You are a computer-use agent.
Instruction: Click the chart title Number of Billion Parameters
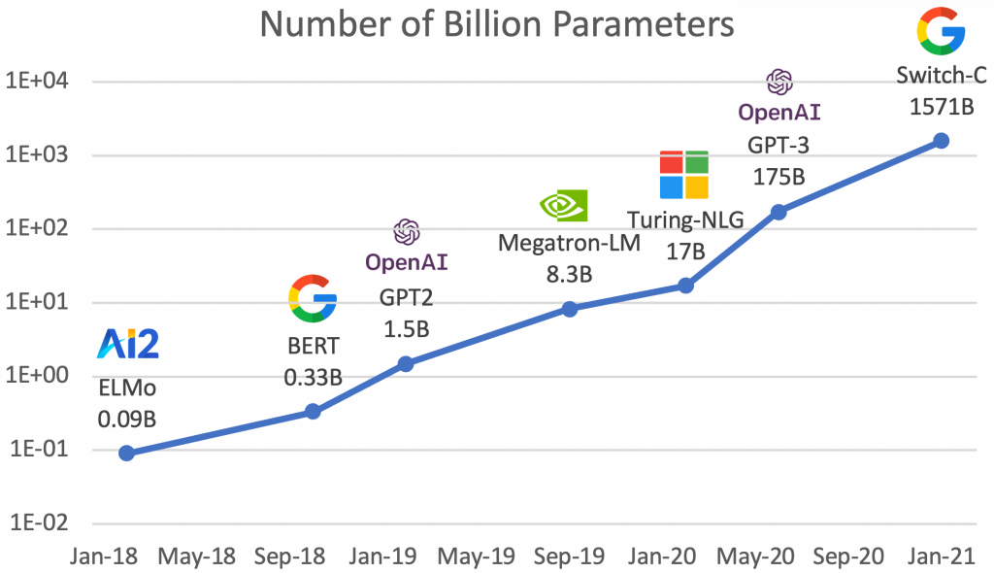[x=496, y=25]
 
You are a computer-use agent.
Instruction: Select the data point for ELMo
[x=126, y=454]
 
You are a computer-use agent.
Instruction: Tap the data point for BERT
[x=314, y=411]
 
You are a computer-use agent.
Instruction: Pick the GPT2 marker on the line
[x=406, y=364]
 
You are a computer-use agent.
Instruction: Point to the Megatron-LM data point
[x=570, y=309]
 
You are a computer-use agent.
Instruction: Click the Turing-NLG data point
[x=685, y=286]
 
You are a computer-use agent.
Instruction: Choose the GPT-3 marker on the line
[x=779, y=212]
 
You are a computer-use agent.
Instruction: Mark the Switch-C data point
[x=941, y=141]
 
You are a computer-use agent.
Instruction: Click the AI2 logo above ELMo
[x=128, y=345]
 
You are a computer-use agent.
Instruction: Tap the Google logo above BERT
[x=314, y=298]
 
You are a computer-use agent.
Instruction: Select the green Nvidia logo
[x=564, y=206]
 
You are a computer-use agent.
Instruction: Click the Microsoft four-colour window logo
[x=684, y=175]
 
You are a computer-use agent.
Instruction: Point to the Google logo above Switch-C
[x=941, y=29]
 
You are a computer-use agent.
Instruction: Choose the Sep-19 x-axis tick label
[x=570, y=556]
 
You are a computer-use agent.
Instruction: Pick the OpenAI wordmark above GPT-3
[x=779, y=113]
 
